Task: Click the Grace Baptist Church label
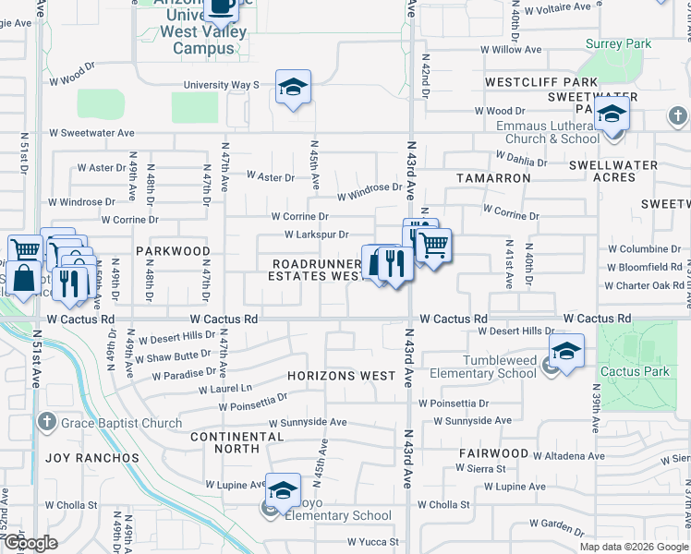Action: coord(122,424)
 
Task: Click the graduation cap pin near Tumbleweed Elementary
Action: coord(566,352)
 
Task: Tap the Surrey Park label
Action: coord(618,43)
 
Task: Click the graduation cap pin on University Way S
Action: coord(294,88)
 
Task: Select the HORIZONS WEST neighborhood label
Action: coord(341,377)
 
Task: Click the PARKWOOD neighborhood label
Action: coord(173,251)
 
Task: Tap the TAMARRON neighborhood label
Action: coord(492,175)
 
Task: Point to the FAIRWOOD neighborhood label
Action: coord(493,453)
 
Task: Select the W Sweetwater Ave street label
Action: coord(92,133)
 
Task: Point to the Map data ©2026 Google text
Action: coord(633,547)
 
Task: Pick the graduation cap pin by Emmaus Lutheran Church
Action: coord(611,116)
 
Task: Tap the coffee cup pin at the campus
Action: coord(221,7)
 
